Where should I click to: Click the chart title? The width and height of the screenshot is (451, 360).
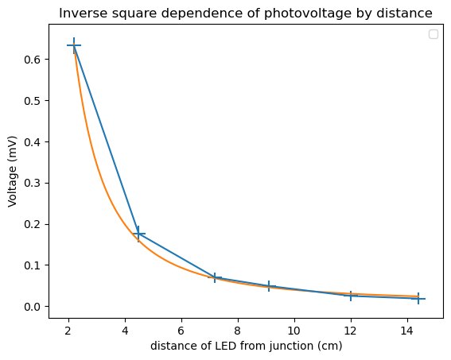[246, 14]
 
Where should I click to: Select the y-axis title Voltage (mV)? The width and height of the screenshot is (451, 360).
[12, 172]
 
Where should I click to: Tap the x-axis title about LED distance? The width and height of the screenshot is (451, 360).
[247, 346]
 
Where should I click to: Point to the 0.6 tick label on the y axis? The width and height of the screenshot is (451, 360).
[32, 60]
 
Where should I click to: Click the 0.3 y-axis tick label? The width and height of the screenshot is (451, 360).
[32, 183]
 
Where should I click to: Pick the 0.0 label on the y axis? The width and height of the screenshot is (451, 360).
[32, 307]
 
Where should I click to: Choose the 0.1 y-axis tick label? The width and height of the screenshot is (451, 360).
[32, 265]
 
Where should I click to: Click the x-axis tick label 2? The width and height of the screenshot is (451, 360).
[68, 331]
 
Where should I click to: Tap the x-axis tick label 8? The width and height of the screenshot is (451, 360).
[238, 331]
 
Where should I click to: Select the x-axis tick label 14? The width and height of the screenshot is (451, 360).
[407, 331]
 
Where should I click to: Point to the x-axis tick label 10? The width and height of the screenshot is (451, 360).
[294, 331]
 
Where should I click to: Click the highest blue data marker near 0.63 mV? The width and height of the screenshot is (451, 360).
[74, 45]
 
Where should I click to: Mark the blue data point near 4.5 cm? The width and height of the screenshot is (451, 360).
[138, 234]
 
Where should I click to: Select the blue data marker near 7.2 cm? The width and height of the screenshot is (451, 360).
[215, 278]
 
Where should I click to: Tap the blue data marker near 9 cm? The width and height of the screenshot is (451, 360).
[269, 286]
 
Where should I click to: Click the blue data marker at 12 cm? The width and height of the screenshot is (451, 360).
[351, 296]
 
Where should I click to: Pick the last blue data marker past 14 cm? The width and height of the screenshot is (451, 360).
[418, 299]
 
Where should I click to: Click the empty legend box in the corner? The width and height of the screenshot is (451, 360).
[434, 34]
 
